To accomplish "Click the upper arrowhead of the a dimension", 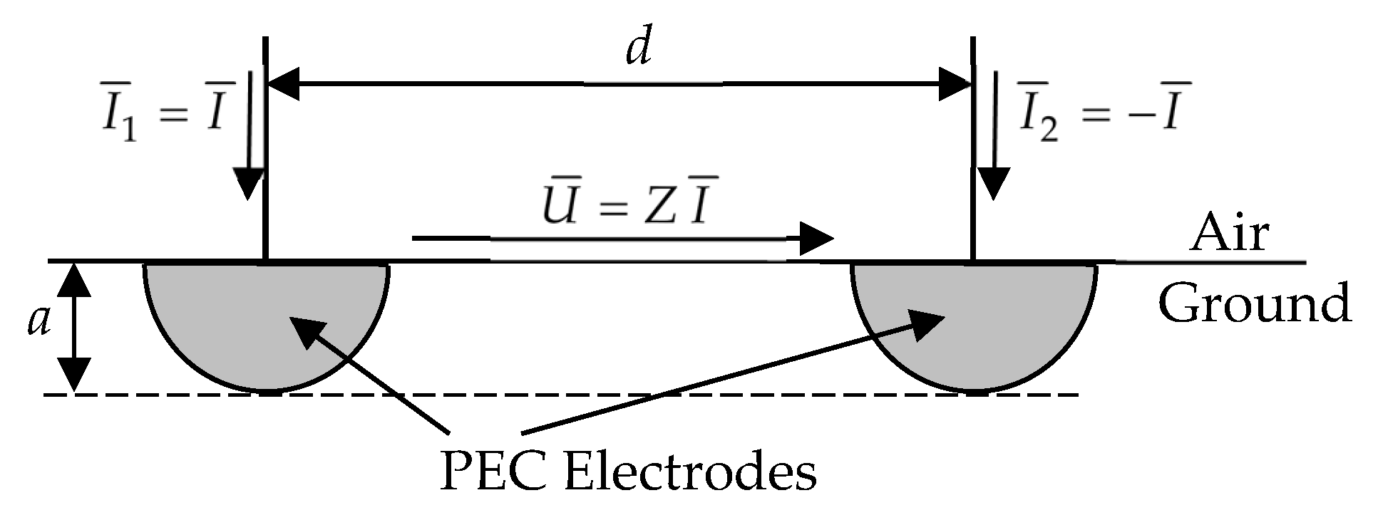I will pos(74,279).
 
